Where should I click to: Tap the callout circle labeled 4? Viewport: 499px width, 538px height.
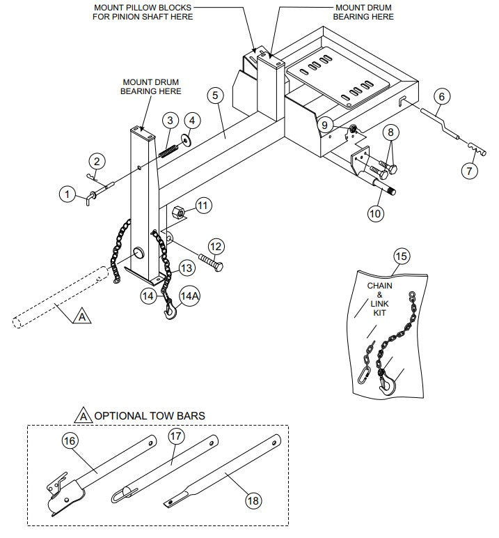pyautogui.click(x=192, y=120)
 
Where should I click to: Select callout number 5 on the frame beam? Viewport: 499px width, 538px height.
pyautogui.click(x=216, y=94)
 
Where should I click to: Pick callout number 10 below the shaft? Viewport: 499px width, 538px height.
pyautogui.click(x=374, y=214)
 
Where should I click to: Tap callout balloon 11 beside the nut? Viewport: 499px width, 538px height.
pyautogui.click(x=202, y=205)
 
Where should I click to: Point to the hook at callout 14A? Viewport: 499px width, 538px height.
pyautogui.click(x=170, y=312)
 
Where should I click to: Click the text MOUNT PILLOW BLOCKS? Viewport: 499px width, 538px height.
pyautogui.click(x=143, y=8)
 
